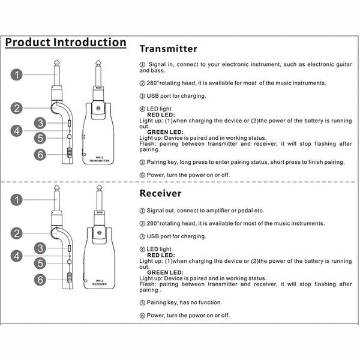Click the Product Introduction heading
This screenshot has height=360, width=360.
65,43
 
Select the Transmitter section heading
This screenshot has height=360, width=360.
168,49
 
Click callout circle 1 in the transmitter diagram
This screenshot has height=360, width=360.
18,75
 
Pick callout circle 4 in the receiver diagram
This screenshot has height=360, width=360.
18,255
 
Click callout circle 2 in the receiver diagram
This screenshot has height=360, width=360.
18,233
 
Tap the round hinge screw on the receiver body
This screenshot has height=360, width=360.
99,234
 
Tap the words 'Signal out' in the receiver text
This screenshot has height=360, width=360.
161,211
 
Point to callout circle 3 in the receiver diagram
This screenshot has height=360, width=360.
40,247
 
